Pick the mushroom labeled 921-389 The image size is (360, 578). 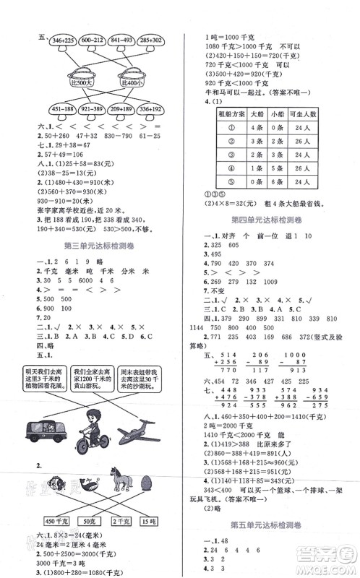(x=93, y=111)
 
